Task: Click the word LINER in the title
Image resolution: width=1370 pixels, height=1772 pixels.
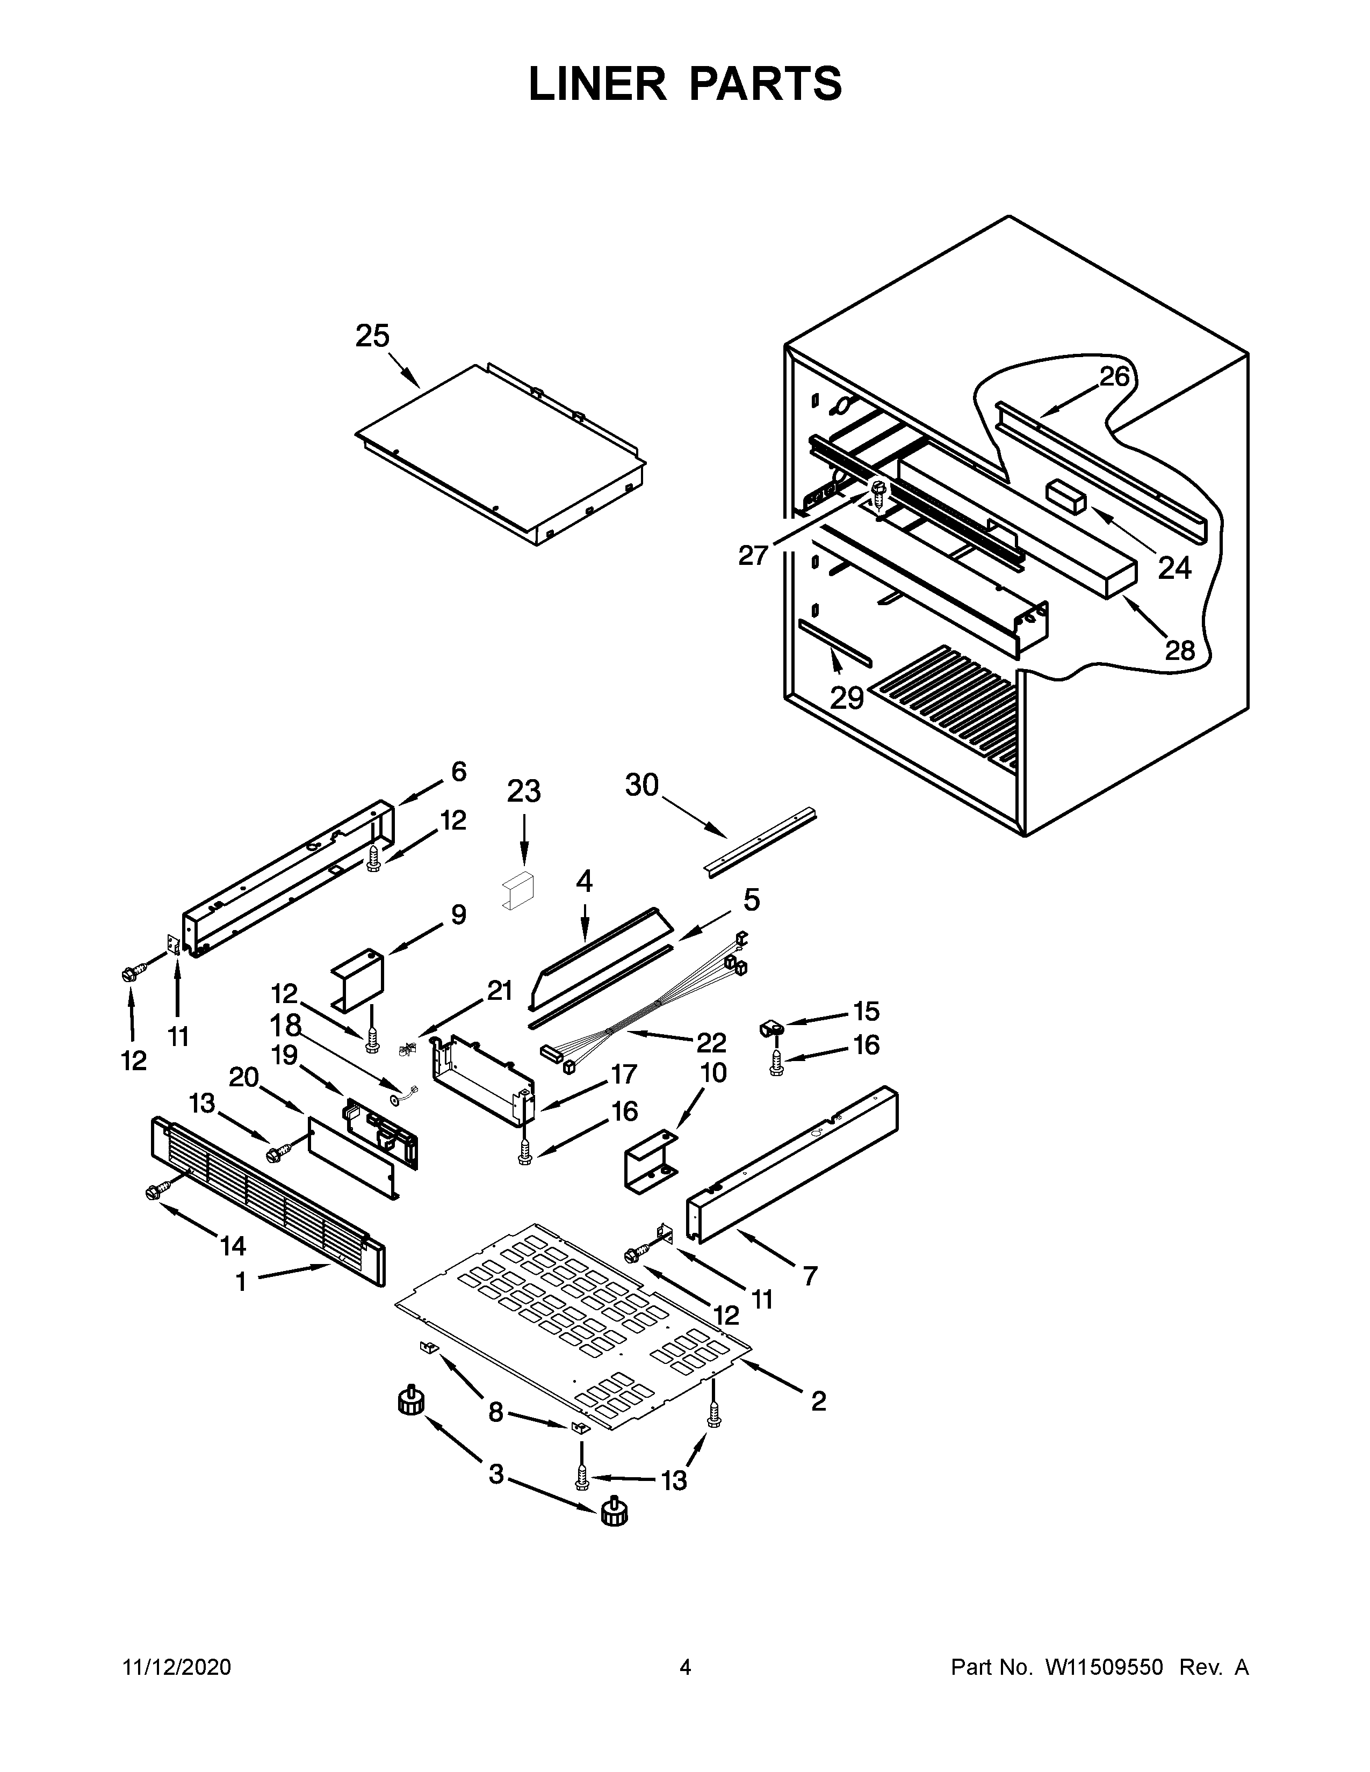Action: (x=596, y=84)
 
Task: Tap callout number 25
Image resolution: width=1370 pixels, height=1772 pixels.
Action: (x=372, y=336)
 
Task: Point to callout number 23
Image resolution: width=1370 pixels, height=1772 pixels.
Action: (x=523, y=790)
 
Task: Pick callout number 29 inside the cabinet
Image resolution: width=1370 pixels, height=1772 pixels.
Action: (x=847, y=697)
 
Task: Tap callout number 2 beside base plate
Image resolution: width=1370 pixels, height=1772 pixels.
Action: (x=818, y=1400)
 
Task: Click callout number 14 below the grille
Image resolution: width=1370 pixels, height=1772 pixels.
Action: (x=233, y=1245)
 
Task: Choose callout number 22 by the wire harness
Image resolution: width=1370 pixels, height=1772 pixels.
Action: (x=710, y=1042)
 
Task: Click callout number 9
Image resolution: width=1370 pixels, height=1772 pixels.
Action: (x=459, y=915)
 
